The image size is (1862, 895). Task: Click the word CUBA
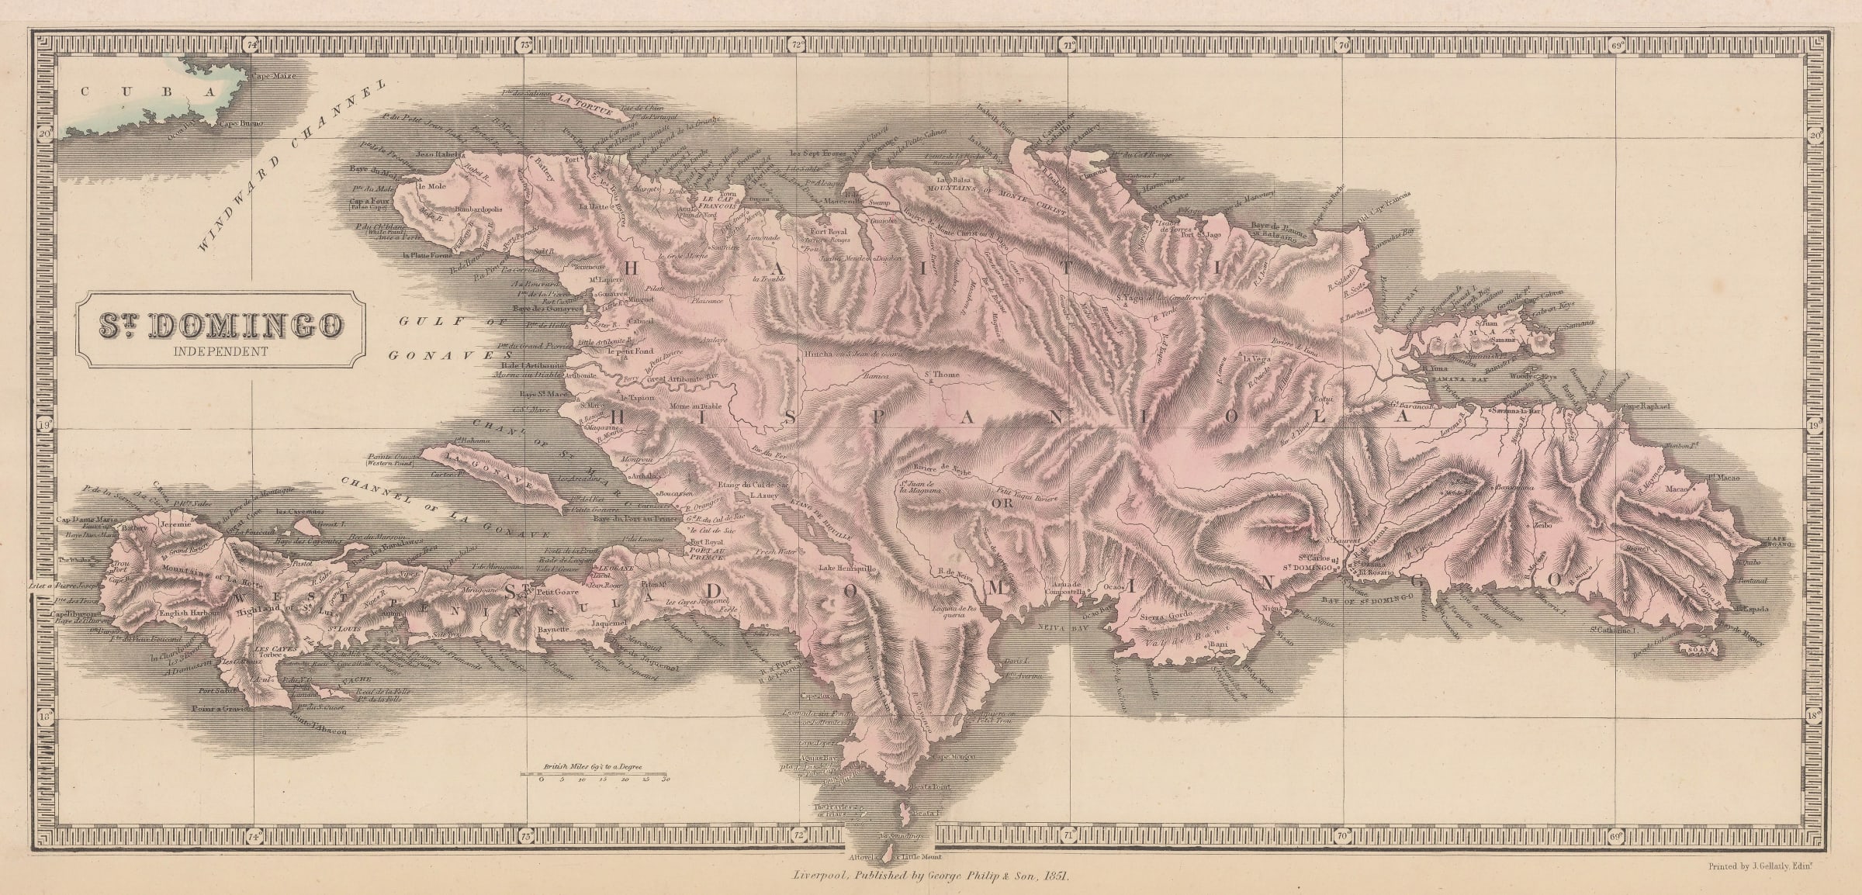tap(147, 92)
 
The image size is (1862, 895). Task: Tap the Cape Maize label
tap(265, 77)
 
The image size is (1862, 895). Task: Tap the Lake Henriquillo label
tap(846, 568)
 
